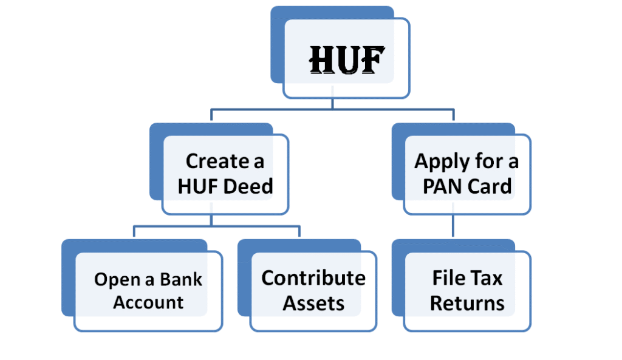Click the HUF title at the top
pyautogui.click(x=347, y=60)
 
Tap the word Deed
pyautogui.click(x=248, y=186)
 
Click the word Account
pyautogui.click(x=148, y=302)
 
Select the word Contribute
pyautogui.click(x=313, y=278)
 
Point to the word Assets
pyautogui.click(x=313, y=302)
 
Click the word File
pyautogui.click(x=448, y=278)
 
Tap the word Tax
pyautogui.click(x=488, y=278)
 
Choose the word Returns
pyautogui.click(x=467, y=303)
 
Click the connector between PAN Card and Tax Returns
pyautogui.click(x=453, y=226)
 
